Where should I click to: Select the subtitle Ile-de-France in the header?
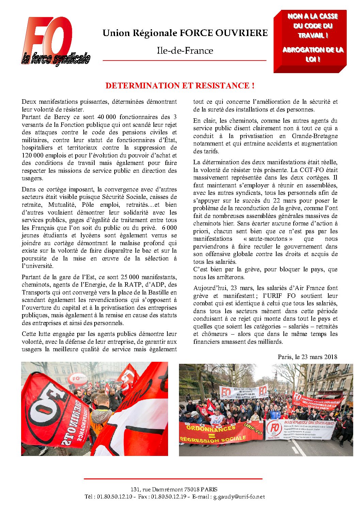[185, 51]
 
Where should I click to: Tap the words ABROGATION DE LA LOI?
[313, 54]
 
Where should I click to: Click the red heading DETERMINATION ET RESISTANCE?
[180, 86]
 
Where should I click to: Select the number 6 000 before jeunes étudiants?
[169, 228]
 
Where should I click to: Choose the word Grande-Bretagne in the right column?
[314, 136]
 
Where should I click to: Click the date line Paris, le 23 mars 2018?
[307, 357]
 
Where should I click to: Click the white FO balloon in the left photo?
[77, 379]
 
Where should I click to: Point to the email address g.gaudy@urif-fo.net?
[239, 497]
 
